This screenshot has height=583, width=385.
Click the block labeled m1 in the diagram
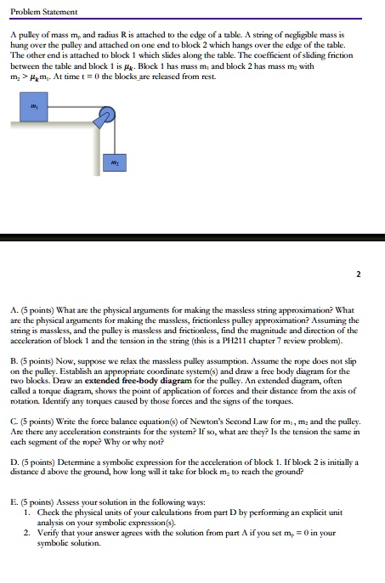pos(33,107)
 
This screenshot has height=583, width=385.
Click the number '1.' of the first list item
pos(27,512)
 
